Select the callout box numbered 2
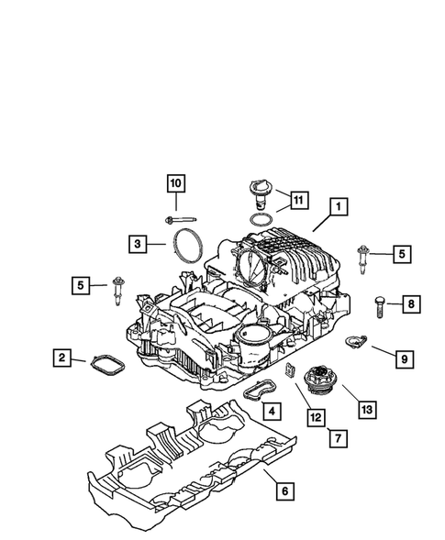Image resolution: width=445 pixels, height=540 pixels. tap(61, 357)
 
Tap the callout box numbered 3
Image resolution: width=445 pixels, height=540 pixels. tap(136, 243)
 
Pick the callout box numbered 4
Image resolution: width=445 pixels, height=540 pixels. tap(269, 410)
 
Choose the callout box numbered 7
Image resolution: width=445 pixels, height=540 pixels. tap(337, 439)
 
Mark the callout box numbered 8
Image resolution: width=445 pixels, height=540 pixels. tap(410, 303)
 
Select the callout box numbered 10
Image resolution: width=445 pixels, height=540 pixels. tap(175, 183)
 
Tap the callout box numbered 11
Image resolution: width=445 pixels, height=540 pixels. tap(299, 198)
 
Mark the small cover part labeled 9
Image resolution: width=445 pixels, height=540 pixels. tap(352, 343)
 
